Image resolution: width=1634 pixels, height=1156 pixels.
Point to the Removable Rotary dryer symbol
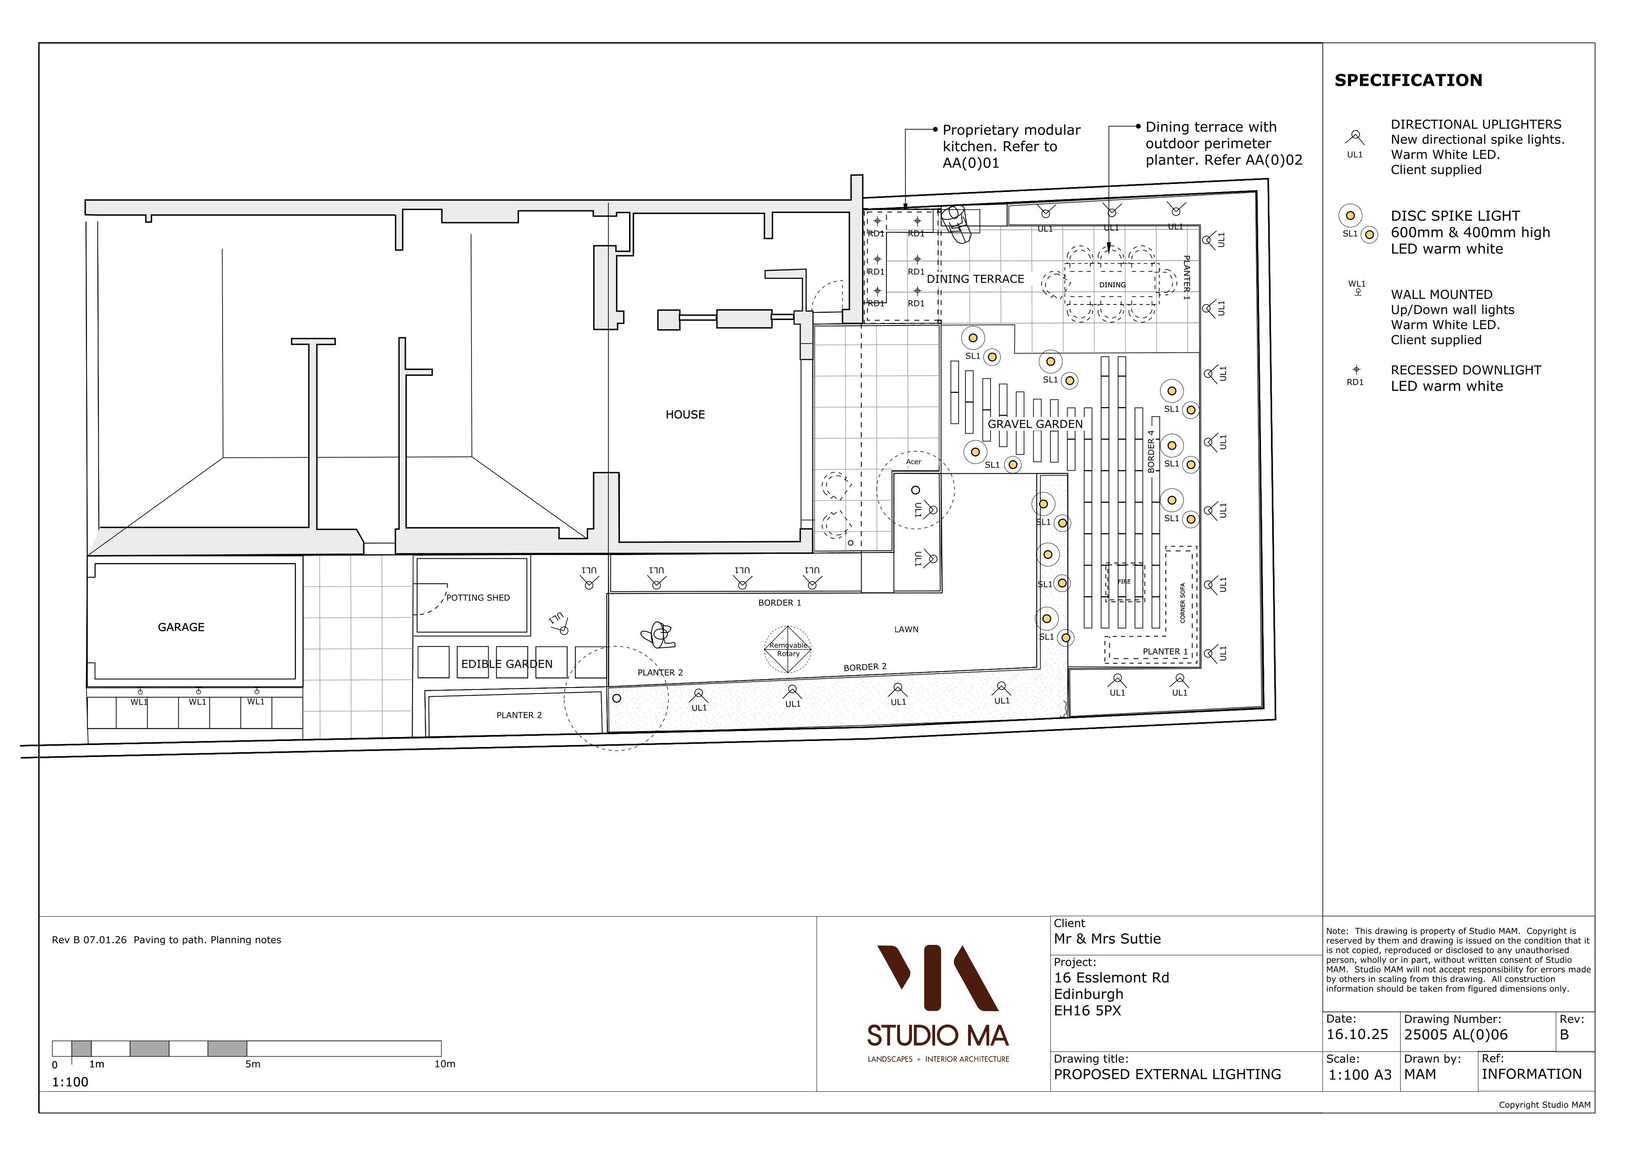point(788,649)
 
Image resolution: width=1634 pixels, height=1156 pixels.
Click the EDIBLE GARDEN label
point(507,664)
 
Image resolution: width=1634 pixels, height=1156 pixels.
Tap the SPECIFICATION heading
point(1408,81)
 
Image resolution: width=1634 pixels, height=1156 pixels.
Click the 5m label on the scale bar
point(253,1064)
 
